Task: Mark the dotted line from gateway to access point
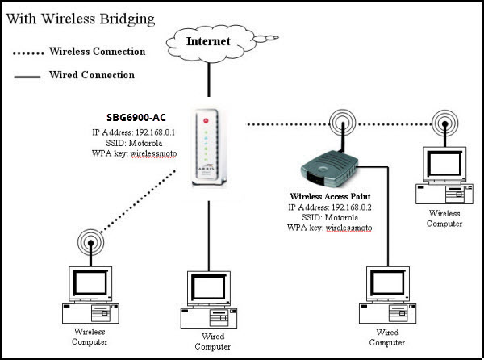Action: tap(282, 123)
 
